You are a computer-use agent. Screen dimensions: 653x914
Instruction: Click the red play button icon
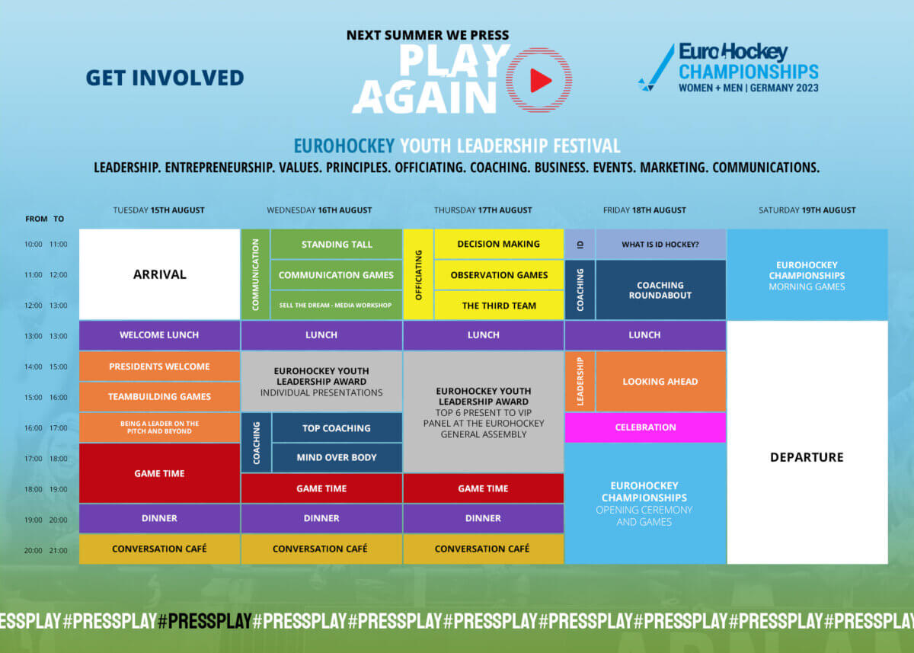tap(540, 80)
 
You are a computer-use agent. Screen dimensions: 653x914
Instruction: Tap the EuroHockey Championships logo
tap(728, 68)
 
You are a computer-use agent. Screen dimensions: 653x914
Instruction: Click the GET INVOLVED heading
tap(165, 78)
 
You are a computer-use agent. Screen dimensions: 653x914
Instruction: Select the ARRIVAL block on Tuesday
tap(160, 274)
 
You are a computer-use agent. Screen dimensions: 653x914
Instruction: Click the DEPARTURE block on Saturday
tap(807, 457)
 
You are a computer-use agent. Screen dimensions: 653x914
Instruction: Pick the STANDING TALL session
tap(337, 245)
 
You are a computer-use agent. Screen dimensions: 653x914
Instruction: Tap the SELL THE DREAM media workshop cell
tap(337, 306)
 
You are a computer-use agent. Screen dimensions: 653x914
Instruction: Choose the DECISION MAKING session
tap(499, 244)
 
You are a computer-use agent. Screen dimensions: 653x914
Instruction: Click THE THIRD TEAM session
tap(499, 306)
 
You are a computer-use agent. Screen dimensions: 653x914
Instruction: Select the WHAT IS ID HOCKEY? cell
tap(660, 245)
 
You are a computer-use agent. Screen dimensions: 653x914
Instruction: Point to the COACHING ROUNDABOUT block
tap(660, 290)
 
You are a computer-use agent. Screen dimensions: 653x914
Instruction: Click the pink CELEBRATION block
tap(645, 427)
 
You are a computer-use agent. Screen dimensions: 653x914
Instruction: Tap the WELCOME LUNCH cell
tap(159, 335)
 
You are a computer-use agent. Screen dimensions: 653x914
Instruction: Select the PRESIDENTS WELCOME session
tap(159, 367)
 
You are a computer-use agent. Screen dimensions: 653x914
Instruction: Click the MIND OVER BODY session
tap(337, 458)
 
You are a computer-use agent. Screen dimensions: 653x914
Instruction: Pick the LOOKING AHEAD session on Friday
tap(660, 382)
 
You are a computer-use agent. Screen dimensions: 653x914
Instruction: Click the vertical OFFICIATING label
tap(418, 275)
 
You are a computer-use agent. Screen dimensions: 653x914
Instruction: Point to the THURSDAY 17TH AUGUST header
tap(483, 210)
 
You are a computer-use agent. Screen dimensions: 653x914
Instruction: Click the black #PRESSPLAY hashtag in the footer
tap(204, 621)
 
